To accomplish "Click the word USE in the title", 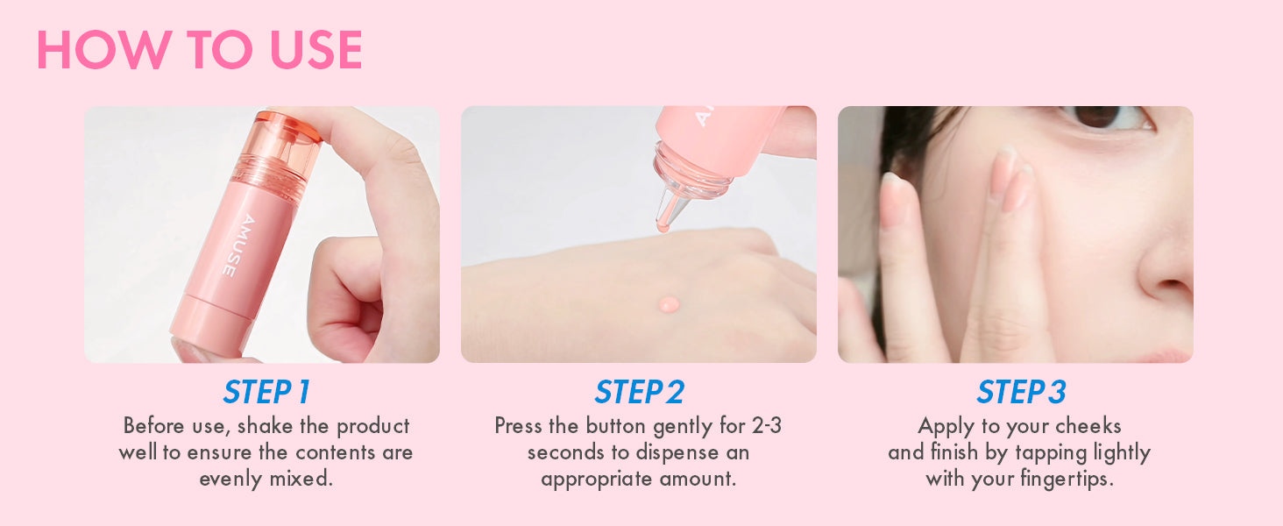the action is point(315,50).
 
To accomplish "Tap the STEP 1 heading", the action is point(266,393).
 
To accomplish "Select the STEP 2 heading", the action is point(639,393).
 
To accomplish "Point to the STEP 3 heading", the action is point(1021,393).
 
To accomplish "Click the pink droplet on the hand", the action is point(669,303).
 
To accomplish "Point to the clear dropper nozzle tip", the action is point(663,226).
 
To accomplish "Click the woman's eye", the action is point(1102,118).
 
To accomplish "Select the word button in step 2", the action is point(616,426).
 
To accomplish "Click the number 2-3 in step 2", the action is point(767,426).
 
